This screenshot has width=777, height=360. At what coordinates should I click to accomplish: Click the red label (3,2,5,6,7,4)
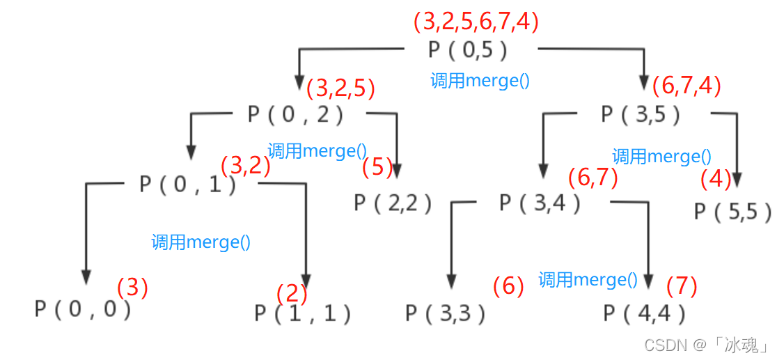tap(476, 22)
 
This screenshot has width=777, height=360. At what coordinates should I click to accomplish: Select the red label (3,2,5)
tap(340, 88)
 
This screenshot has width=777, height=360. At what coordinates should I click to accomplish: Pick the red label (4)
tap(716, 179)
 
